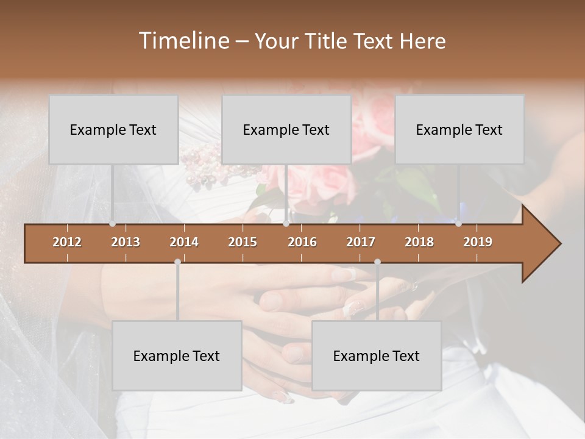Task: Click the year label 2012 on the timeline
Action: pyautogui.click(x=67, y=242)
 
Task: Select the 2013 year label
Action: pyautogui.click(x=126, y=242)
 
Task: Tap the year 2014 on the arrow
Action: pyautogui.click(x=184, y=242)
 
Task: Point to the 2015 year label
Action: pyautogui.click(x=243, y=242)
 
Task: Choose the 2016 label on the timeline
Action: pyautogui.click(x=302, y=242)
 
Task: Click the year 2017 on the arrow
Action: pyautogui.click(x=361, y=242)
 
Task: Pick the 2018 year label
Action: pyautogui.click(x=419, y=242)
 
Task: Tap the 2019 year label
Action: pyautogui.click(x=478, y=242)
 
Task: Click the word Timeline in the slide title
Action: pyautogui.click(x=183, y=41)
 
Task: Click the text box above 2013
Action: pyautogui.click(x=113, y=129)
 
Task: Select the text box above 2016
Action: pyautogui.click(x=286, y=129)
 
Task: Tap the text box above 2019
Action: pyautogui.click(x=459, y=129)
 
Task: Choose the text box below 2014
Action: pyautogui.click(x=177, y=355)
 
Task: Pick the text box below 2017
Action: pyautogui.click(x=377, y=355)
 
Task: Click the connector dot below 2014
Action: pyautogui.click(x=177, y=262)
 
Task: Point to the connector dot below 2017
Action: pyautogui.click(x=377, y=262)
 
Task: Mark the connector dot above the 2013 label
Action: pyautogui.click(x=113, y=224)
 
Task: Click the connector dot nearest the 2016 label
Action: pyautogui.click(x=286, y=224)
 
